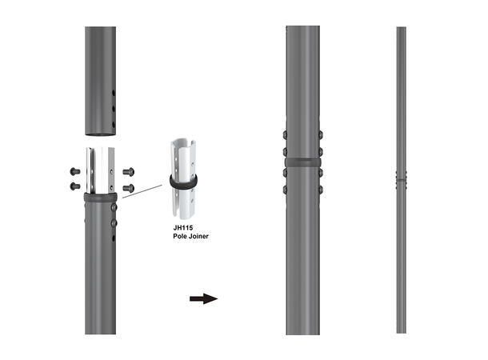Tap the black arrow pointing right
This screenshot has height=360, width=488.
pyautogui.click(x=203, y=299)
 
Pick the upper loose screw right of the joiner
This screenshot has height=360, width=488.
pyautogui.click(x=127, y=170)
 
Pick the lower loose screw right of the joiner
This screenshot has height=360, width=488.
pyautogui.click(x=127, y=187)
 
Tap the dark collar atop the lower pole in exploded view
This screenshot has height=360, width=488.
pyautogui.click(x=100, y=197)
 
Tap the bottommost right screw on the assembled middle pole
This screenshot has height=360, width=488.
pyautogui.click(x=321, y=190)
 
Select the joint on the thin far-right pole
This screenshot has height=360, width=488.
pyautogui.click(x=401, y=178)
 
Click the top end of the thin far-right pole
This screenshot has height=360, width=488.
pyautogui.click(x=401, y=29)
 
